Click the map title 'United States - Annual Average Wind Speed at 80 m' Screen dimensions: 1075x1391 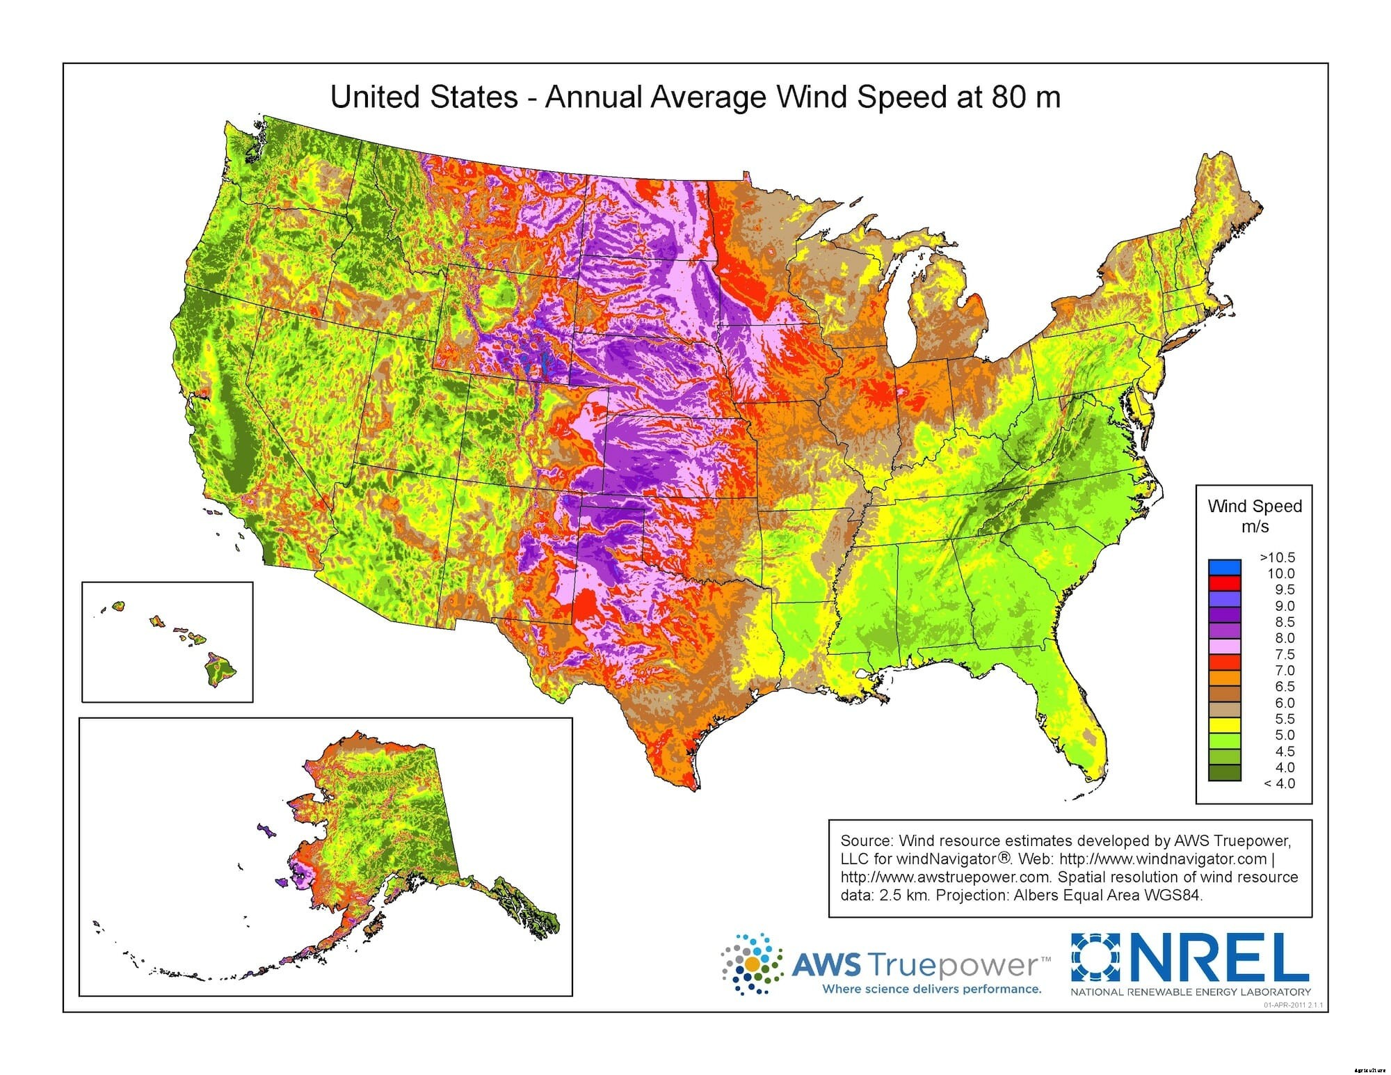(695, 97)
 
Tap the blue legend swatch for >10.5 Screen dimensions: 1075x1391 (1225, 566)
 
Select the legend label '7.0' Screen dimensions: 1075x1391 (1285, 670)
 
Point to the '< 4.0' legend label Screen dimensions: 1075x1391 (1280, 783)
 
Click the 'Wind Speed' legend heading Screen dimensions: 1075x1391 (1255, 506)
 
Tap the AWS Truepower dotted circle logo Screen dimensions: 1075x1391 (752, 964)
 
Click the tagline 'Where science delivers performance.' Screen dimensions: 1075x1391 (931, 989)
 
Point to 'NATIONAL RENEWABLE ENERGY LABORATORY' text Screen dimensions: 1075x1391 (1190, 992)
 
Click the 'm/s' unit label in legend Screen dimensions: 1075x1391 (1255, 527)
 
